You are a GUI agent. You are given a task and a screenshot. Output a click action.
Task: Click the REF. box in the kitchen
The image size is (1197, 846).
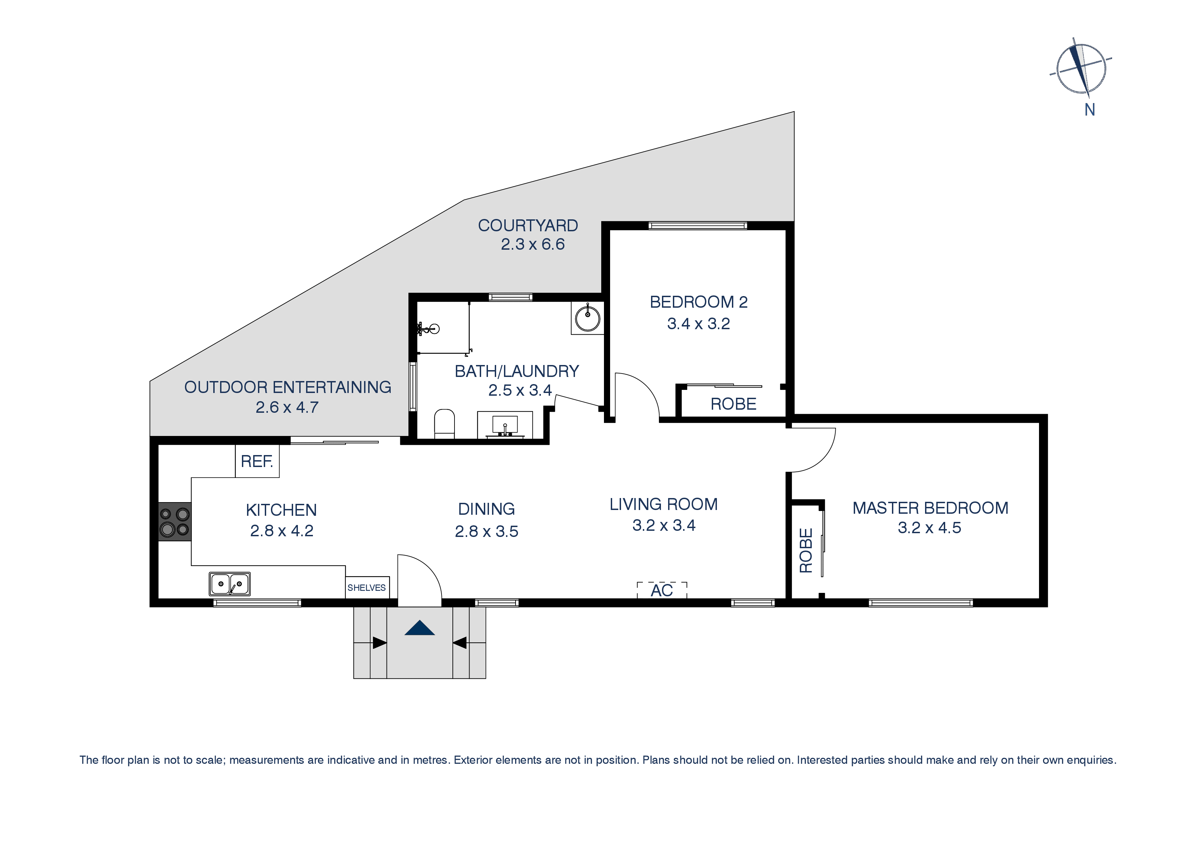tap(257, 461)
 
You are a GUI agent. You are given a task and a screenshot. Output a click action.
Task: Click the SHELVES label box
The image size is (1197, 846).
tap(367, 587)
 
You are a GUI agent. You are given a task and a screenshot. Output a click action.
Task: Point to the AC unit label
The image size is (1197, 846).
tap(662, 590)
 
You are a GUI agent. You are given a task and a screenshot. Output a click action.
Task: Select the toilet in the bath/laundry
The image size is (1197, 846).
tap(444, 423)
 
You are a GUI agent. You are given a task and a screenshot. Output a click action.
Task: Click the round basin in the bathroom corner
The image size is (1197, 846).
tap(588, 318)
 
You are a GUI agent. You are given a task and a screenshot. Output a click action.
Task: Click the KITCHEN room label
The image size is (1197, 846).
tap(281, 510)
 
